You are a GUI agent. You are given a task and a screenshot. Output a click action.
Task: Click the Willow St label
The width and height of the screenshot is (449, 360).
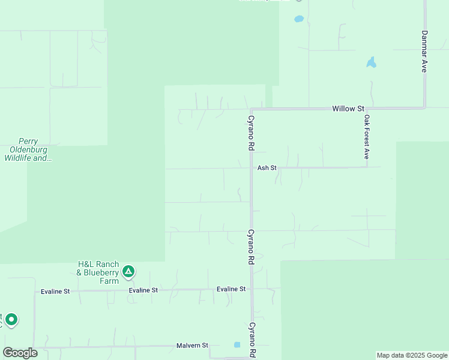(348, 109)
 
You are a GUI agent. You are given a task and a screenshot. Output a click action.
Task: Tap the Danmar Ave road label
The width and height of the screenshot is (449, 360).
(424, 52)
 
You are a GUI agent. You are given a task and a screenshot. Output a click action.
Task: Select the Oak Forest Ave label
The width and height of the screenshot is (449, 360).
(366, 137)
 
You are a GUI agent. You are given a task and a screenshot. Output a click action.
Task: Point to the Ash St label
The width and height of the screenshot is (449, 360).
(267, 168)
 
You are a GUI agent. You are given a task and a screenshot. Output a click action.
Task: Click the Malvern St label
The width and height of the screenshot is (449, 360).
(192, 346)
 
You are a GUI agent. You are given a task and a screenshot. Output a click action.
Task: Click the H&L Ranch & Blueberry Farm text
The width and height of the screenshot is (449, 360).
(98, 269)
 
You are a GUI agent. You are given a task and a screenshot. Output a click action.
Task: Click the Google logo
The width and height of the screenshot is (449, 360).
(20, 353)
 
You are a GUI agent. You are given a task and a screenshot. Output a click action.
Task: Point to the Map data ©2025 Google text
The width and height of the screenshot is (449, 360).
(412, 355)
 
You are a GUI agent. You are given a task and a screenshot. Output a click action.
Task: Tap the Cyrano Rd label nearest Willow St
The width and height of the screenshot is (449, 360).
(252, 133)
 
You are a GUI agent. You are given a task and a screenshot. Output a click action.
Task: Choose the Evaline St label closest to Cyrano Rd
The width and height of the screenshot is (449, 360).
(231, 289)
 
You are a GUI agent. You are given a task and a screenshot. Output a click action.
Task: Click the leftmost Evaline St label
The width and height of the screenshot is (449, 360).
(55, 292)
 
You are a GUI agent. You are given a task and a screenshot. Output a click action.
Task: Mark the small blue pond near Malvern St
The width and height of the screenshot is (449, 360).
(237, 345)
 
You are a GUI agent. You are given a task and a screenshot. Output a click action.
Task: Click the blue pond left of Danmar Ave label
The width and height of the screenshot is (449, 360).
(372, 62)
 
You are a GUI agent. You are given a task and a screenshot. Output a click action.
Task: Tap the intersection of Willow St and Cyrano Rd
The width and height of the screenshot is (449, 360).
(251, 110)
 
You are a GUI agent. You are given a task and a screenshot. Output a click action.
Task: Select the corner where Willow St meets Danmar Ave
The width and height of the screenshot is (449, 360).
(424, 108)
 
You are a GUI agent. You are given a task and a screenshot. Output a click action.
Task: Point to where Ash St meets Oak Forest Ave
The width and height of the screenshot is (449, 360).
(366, 167)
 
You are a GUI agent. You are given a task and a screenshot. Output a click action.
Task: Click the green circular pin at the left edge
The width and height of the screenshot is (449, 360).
(11, 319)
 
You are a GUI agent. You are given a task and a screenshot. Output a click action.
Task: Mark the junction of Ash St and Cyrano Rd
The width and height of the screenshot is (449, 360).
(251, 168)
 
